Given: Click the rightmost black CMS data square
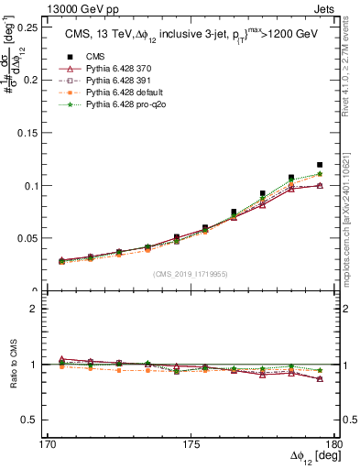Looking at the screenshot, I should click(x=320, y=165).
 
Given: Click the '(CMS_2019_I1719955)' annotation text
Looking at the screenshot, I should click(x=190, y=273).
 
